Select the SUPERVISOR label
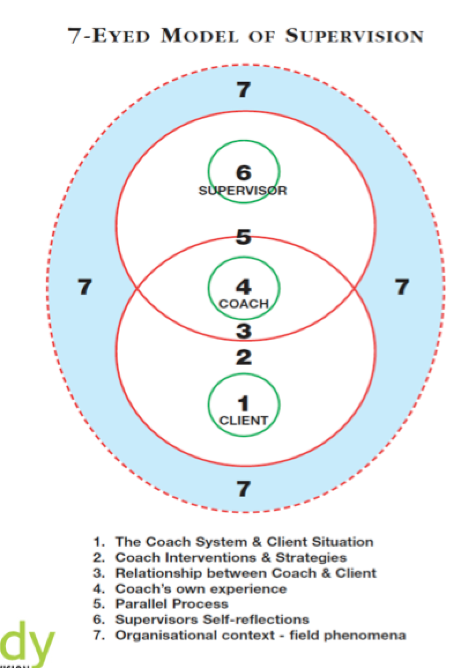click(243, 191)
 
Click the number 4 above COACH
click(243, 287)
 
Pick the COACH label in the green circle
click(243, 304)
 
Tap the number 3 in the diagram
click(243, 331)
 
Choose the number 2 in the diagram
click(243, 358)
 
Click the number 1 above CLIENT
click(243, 403)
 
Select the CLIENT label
click(243, 420)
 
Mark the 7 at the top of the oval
click(243, 90)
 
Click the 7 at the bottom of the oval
click(243, 489)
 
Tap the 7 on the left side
click(84, 287)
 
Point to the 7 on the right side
click(402, 287)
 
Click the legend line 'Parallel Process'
click(171, 604)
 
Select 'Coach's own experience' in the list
click(200, 589)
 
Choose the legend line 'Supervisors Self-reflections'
click(211, 619)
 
